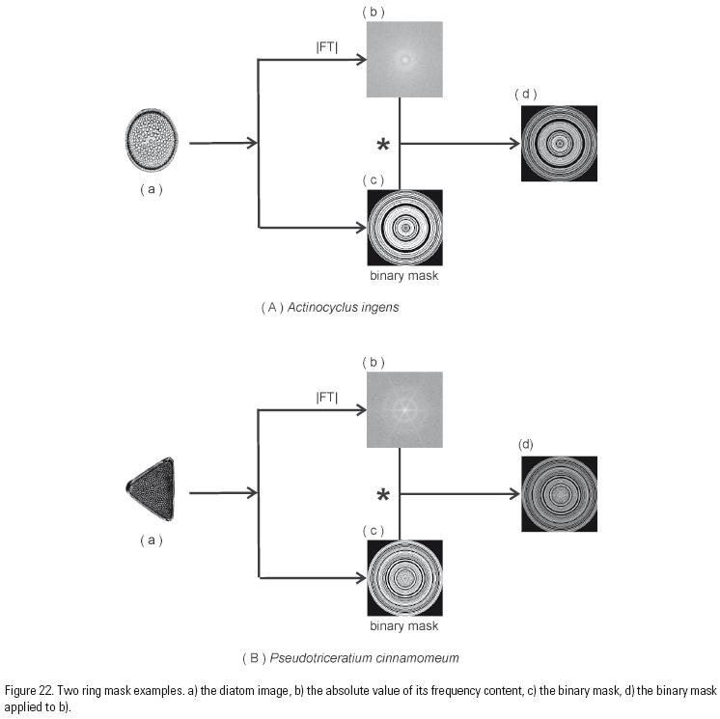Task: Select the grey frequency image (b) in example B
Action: point(404,410)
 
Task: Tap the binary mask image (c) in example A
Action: point(404,228)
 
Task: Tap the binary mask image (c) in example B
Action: point(404,577)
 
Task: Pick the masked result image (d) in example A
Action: point(559,144)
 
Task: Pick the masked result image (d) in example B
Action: point(559,493)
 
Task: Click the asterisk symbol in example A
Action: point(383,146)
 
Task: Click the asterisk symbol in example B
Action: point(383,496)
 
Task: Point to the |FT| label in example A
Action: point(327,46)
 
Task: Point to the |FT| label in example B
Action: point(327,397)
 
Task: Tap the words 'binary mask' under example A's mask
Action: point(404,275)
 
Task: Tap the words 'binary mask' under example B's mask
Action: point(404,625)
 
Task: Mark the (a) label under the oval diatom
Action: point(151,190)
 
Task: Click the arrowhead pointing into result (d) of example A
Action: point(514,144)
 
